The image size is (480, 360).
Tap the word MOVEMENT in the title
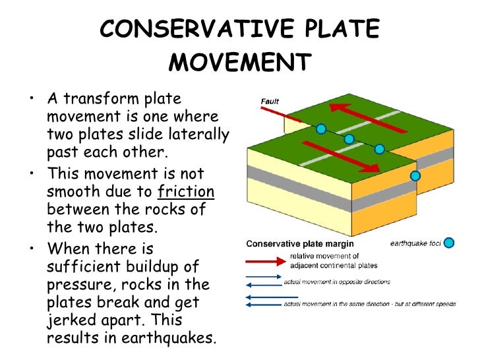pyautogui.click(x=240, y=64)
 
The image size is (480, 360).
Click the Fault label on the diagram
pyautogui.click(x=270, y=102)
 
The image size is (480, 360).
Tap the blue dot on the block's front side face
pyautogui.click(x=415, y=175)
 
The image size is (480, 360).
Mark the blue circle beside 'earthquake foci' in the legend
pyautogui.click(x=448, y=243)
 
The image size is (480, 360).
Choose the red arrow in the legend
pyautogui.click(x=264, y=260)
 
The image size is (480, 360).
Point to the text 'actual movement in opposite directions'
pyautogui.click(x=337, y=282)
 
